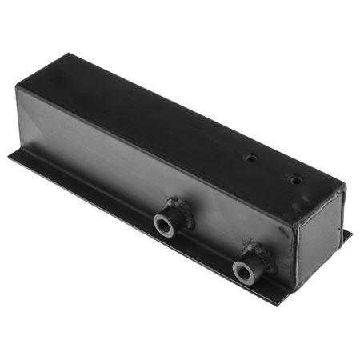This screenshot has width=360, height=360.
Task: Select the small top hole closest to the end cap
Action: tap(296, 180)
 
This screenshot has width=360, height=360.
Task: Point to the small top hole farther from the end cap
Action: tap(252, 158)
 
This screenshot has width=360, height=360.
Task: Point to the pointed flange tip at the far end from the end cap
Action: tap(11, 155)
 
